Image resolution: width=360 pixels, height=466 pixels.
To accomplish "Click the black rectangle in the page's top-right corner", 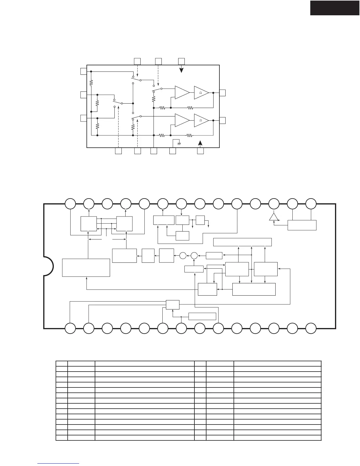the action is point(335,8).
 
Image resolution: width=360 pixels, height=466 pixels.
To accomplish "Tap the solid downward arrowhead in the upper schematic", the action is point(181,70).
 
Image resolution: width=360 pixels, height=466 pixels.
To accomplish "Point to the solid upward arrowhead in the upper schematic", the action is point(200,143).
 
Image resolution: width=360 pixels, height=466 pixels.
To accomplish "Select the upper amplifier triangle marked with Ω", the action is point(201,92).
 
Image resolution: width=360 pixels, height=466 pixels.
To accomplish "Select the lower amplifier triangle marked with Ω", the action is point(201,120).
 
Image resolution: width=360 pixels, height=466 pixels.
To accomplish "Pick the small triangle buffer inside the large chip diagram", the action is point(274,217).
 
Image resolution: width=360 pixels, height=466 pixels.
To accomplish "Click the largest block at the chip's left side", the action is point(86,267).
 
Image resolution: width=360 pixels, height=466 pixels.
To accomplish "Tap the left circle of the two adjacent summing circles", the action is point(183,255).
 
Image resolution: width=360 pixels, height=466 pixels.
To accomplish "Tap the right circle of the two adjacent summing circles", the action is point(194,255).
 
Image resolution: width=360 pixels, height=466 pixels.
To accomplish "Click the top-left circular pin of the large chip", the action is point(70,204).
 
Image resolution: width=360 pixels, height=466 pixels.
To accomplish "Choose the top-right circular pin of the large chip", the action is point(311,204).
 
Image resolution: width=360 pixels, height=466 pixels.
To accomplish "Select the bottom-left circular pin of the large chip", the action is point(70,328).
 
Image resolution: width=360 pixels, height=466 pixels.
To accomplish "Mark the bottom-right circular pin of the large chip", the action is point(311,328).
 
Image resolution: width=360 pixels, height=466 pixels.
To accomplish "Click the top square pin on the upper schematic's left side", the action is point(83,71).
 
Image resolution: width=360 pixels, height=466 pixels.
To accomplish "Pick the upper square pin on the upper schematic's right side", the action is point(223,92).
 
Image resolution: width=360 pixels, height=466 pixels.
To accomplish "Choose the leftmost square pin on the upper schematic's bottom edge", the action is point(118,151).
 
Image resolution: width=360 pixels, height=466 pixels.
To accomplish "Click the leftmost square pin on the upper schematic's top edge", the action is point(137,61).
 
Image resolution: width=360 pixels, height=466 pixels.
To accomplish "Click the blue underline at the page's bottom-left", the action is point(59,464).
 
